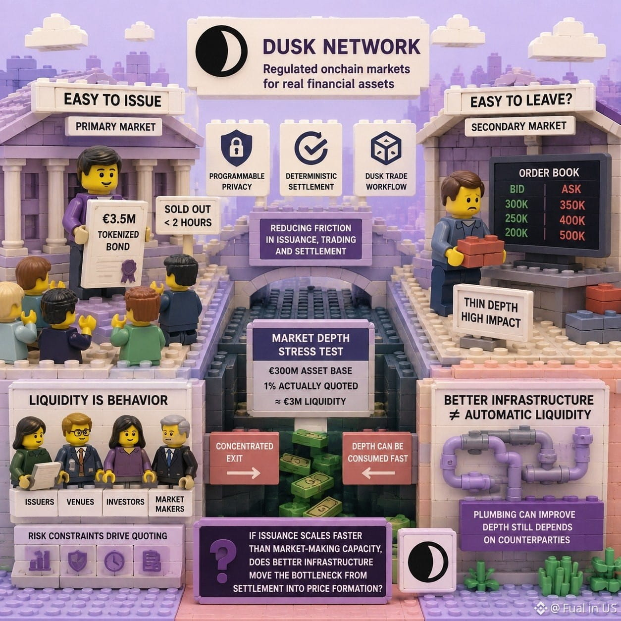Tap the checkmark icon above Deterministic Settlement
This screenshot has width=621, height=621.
coord(311,148)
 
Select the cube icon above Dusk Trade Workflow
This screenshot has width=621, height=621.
coord(386,148)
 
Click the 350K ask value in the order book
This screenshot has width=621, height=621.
coord(572,205)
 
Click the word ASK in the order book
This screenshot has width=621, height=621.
coord(571,189)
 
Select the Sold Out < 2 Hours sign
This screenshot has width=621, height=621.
coord(188,215)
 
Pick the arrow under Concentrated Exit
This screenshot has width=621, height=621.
coord(244,473)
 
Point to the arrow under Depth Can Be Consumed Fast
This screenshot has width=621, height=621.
coord(378,473)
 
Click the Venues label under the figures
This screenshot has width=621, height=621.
coord(80,502)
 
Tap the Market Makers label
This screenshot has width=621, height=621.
coord(170,504)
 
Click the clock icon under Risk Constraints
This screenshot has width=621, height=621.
coord(114,561)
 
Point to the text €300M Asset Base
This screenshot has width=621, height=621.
coord(310,370)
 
